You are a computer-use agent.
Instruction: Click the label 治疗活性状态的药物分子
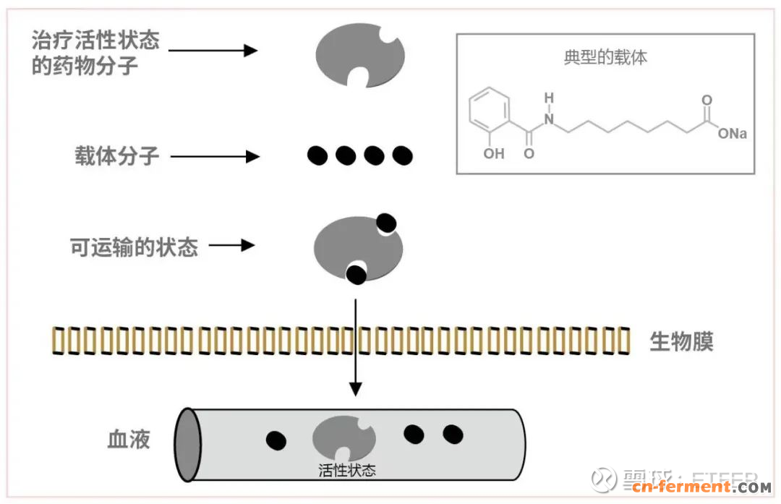coord(95,53)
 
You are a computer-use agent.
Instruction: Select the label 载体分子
coord(116,155)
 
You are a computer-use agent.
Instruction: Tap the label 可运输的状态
coord(134,247)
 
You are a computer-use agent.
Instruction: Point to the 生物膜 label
coord(681,341)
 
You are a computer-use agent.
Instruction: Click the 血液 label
coord(129,439)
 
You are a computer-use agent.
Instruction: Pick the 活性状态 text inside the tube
coord(347,470)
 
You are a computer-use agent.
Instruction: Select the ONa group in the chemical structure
coord(732,134)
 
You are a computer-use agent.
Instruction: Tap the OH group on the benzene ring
coord(495,153)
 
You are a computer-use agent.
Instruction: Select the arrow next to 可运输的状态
coord(232,245)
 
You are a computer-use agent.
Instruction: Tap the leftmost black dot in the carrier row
coord(317,155)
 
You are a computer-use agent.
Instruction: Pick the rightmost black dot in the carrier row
coord(402,155)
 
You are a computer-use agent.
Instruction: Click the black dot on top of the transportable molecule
coord(387,223)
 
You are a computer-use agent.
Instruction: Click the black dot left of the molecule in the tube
coord(276,440)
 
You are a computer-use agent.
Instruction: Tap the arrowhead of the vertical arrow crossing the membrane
coord(355,389)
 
